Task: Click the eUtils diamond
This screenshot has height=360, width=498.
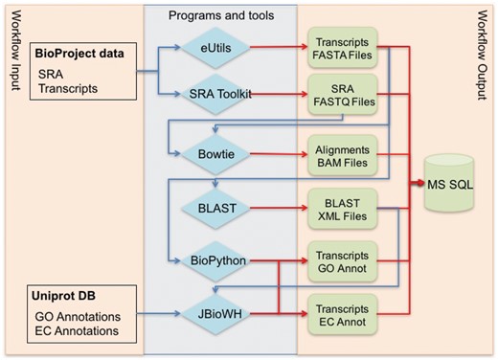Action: click(220, 45)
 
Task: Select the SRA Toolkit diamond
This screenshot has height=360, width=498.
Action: click(220, 94)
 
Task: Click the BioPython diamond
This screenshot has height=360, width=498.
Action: click(220, 259)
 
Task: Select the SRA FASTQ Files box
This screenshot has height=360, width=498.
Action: click(342, 94)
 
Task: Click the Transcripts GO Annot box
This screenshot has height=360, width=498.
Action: click(342, 259)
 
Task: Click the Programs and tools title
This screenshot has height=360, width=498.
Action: click(220, 15)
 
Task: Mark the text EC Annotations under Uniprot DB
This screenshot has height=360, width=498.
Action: click(78, 330)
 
